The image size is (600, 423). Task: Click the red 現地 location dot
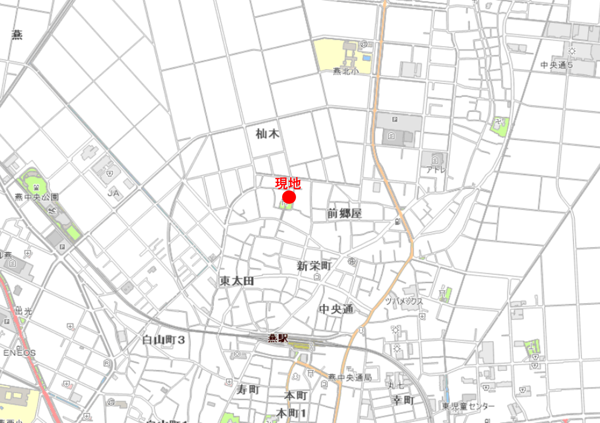[x=289, y=198]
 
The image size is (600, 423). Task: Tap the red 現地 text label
[x=288, y=184]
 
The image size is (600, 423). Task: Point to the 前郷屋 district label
[x=344, y=213]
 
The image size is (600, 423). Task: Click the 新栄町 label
[x=315, y=266]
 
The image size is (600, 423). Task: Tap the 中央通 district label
[x=336, y=309]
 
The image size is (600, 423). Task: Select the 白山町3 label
[x=164, y=339]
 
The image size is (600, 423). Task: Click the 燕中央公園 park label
[x=36, y=197]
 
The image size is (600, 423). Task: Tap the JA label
[x=113, y=194]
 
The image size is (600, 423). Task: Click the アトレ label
[x=435, y=170]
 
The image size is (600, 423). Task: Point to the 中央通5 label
[x=556, y=65]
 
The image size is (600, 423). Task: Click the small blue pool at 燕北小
[x=366, y=57]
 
